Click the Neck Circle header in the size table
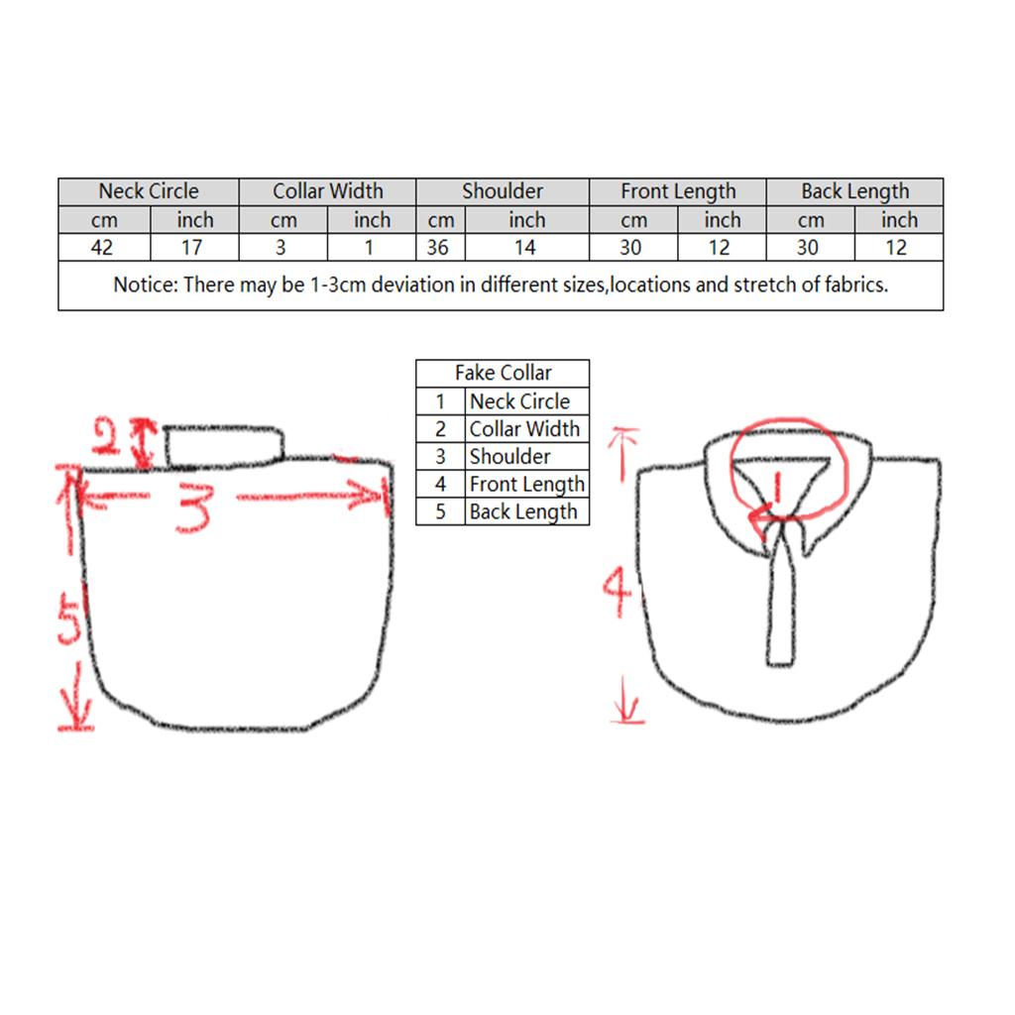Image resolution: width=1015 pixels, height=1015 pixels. point(149,191)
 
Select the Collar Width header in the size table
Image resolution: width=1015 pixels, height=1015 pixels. point(327,191)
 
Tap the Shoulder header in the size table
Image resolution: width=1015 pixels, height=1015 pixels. point(503,191)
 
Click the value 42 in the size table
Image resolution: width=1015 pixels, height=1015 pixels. point(102,247)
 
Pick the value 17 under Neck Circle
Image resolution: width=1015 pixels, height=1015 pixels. point(192,247)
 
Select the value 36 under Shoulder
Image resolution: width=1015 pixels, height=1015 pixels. point(437,247)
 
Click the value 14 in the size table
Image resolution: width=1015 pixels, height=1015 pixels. point(525,247)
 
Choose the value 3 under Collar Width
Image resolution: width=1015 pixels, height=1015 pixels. point(281,247)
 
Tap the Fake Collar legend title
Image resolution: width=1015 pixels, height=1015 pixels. point(503,374)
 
